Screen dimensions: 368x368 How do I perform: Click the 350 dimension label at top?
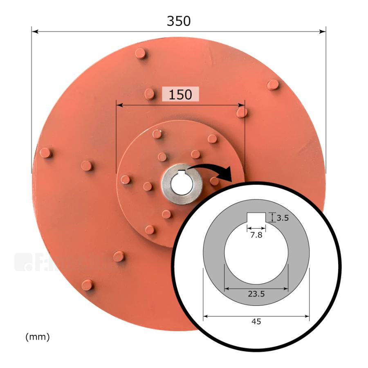click(x=179, y=21)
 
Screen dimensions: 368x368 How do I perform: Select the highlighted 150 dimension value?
click(x=180, y=94)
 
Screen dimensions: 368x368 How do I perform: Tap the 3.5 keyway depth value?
click(x=283, y=218)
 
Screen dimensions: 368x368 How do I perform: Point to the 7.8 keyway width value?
click(x=256, y=235)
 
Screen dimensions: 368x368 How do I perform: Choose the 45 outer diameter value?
click(x=256, y=321)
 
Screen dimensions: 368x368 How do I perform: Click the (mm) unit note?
click(x=37, y=337)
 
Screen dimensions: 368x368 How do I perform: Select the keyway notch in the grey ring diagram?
click(x=256, y=218)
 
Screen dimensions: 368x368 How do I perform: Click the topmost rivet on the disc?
click(x=141, y=53)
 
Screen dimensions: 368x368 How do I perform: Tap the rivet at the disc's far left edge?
click(x=45, y=153)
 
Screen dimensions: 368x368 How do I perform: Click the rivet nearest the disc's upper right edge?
click(x=273, y=85)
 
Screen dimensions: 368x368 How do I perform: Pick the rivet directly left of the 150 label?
click(x=150, y=94)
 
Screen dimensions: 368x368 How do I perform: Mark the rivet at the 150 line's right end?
click(x=242, y=112)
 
